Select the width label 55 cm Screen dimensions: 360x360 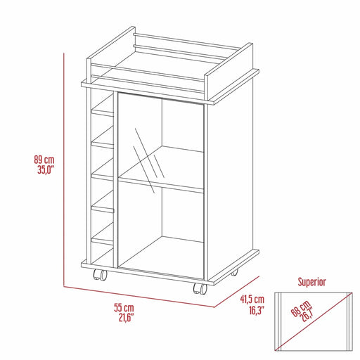click(124, 308)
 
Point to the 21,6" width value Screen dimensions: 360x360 click(124, 318)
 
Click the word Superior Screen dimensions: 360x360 click(311, 282)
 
